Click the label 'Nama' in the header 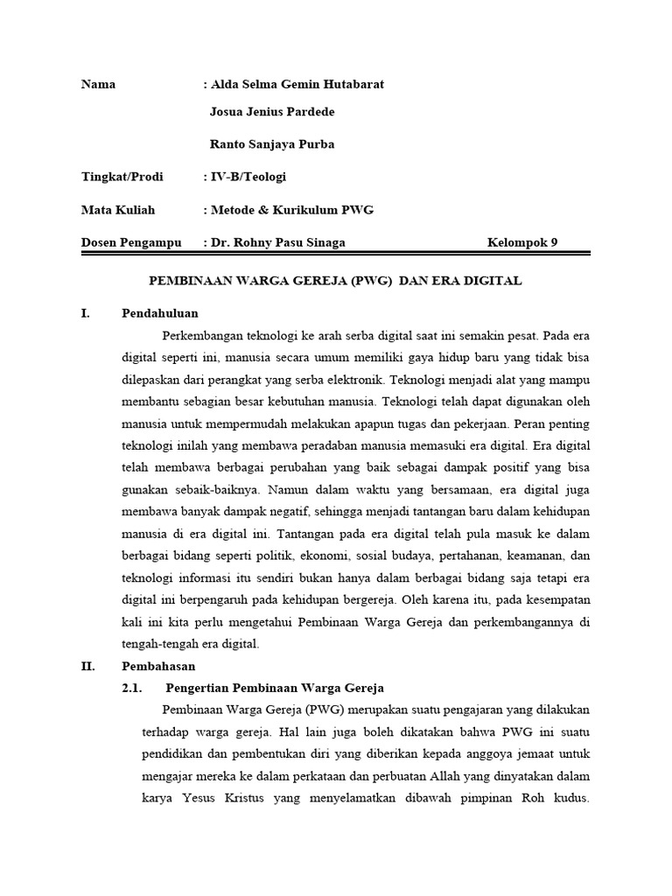point(98,85)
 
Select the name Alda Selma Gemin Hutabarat point(296,85)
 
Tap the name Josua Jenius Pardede point(272,112)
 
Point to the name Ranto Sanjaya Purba point(272,144)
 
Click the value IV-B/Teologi point(247,177)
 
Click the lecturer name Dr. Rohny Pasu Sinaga point(277,242)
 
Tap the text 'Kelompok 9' point(521,242)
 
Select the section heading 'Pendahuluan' point(160,312)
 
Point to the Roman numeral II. point(87,666)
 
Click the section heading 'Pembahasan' point(158,666)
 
